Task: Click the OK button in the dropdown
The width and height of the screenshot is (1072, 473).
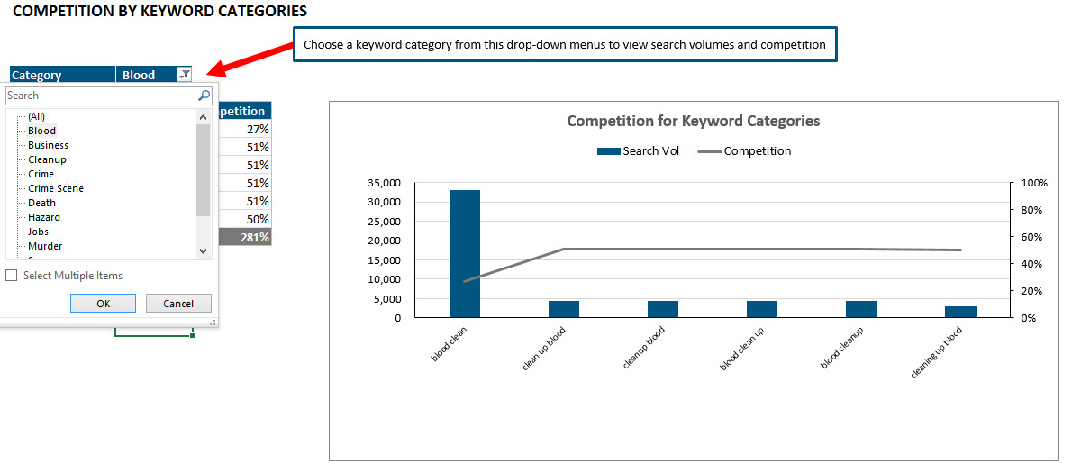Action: click(103, 304)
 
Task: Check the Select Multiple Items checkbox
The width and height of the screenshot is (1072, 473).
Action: click(12, 276)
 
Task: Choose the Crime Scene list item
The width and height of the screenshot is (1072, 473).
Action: click(56, 188)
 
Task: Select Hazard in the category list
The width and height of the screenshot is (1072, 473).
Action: click(44, 217)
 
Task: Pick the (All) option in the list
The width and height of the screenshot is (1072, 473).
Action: click(36, 116)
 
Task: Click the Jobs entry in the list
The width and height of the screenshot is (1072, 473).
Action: click(38, 232)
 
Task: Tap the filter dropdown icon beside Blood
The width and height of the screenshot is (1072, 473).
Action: click(184, 75)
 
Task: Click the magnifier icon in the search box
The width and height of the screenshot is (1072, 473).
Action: click(204, 96)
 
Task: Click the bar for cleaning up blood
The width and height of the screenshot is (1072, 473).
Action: click(960, 312)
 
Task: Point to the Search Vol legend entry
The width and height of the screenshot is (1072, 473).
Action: click(639, 151)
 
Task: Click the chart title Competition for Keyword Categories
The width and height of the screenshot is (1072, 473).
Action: click(693, 121)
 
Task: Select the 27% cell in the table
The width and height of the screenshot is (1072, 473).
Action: click(257, 129)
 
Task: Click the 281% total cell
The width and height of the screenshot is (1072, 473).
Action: click(255, 237)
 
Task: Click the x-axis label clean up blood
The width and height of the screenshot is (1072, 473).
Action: click(544, 348)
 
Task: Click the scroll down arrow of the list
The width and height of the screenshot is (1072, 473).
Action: click(203, 250)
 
